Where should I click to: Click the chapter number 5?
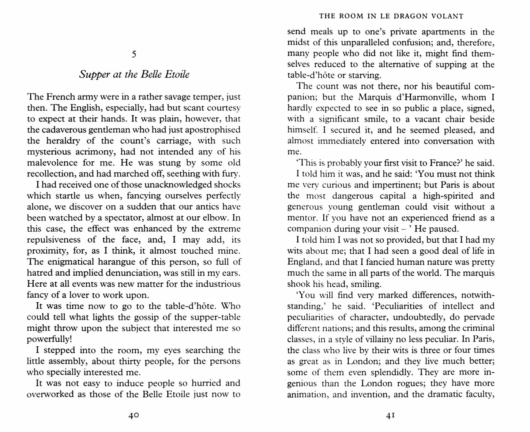(134, 54)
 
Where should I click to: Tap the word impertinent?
(375, 185)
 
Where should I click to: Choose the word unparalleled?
(354, 42)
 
